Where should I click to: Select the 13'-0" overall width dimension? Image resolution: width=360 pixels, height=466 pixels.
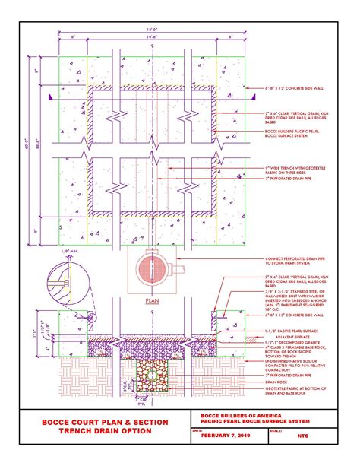153,29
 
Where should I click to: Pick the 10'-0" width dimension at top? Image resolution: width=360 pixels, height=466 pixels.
153,35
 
